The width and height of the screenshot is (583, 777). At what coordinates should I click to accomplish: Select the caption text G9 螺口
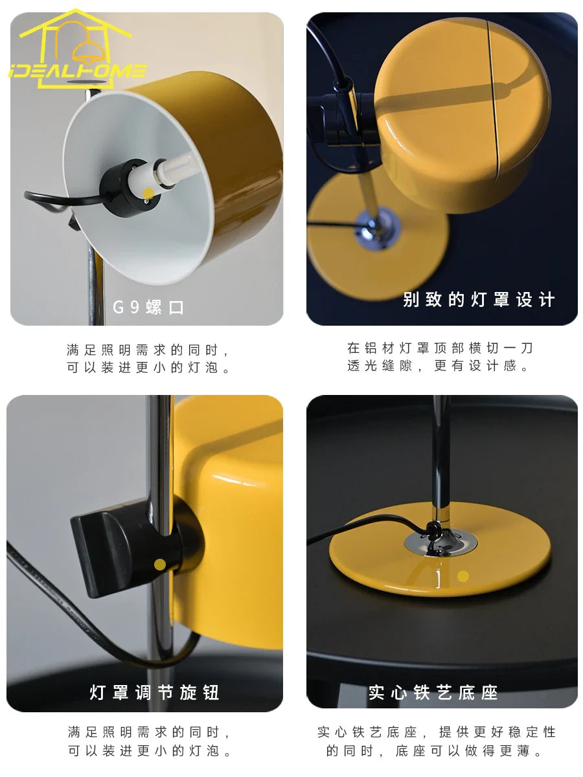[x=148, y=307]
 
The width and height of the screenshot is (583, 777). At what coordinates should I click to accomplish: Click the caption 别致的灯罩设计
[x=479, y=300]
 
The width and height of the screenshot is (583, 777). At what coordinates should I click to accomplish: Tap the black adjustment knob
[x=124, y=548]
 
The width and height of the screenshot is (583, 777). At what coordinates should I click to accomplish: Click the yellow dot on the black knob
[x=160, y=564]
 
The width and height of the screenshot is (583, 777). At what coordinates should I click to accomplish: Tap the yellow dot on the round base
[x=463, y=576]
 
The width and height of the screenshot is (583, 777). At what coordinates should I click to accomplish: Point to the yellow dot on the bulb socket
[x=148, y=193]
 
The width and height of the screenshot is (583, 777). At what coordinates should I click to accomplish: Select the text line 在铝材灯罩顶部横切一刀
[x=440, y=348]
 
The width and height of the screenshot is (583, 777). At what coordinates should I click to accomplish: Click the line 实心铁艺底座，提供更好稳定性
[x=437, y=732]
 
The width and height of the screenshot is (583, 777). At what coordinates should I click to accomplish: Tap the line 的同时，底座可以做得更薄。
[x=433, y=750]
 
